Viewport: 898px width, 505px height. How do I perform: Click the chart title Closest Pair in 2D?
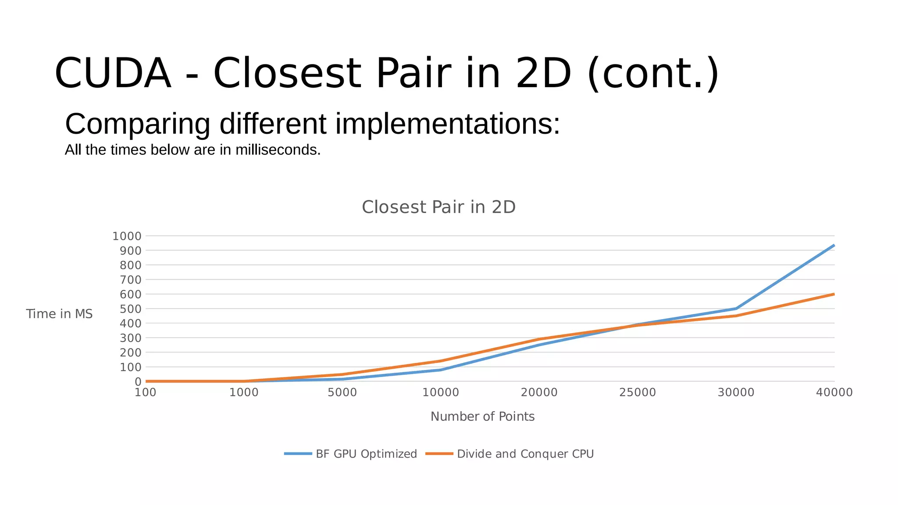(438, 207)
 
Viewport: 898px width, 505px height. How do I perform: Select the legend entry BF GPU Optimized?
(366, 454)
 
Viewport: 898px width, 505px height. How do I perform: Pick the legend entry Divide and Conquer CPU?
(525, 454)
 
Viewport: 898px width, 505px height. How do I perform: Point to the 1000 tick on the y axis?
(127, 236)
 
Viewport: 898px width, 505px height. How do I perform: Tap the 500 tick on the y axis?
(130, 309)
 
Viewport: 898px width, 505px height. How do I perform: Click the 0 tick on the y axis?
(138, 382)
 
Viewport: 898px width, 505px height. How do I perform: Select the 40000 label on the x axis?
(834, 392)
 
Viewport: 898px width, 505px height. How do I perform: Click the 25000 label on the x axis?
(637, 392)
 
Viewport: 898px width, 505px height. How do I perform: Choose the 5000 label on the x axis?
(342, 392)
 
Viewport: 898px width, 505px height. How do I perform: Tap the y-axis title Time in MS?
(59, 314)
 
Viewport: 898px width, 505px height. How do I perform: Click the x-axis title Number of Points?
(482, 416)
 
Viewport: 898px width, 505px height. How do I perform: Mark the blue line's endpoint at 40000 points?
(834, 245)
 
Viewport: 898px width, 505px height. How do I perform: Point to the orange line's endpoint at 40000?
(834, 294)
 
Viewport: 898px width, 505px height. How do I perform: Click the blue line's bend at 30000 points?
(736, 309)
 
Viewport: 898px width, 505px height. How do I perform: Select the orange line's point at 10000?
(441, 361)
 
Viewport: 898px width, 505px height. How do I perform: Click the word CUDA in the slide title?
(113, 73)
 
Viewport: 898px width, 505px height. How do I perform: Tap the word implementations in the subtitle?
(447, 124)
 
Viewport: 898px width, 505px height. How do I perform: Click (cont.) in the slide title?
(652, 73)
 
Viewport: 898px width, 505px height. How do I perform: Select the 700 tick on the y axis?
(130, 280)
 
